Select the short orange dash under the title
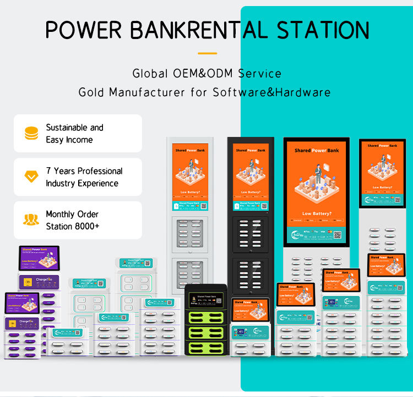pyautogui.click(x=207, y=53)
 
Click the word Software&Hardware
pyautogui.click(x=272, y=92)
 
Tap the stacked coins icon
pyautogui.click(x=31, y=133)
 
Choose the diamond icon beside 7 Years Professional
pyautogui.click(x=31, y=177)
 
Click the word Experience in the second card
pyautogui.click(x=99, y=183)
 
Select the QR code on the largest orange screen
pyautogui.click(x=338, y=234)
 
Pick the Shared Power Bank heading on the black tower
pyautogui.click(x=251, y=150)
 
